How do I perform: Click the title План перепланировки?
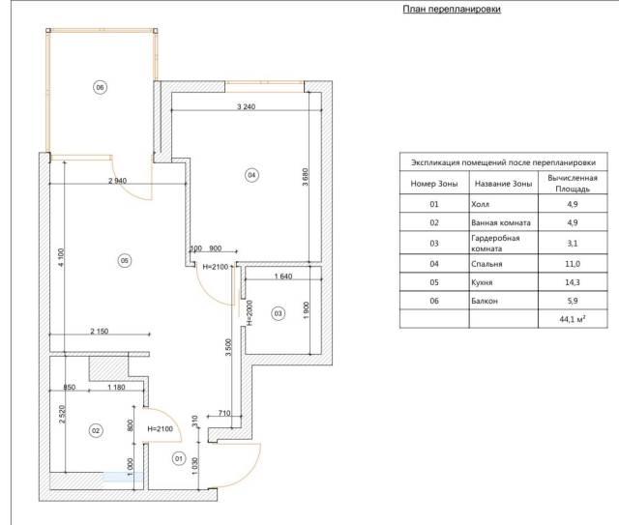(452, 9)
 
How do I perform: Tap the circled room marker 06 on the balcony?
(100, 87)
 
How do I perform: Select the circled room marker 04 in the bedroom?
(251, 175)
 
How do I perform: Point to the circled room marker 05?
(125, 260)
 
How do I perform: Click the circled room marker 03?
(278, 313)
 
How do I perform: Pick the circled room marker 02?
(96, 430)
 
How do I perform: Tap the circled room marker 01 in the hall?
(179, 458)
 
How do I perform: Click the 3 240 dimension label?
(246, 106)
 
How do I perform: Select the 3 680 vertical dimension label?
(306, 177)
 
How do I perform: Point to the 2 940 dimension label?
(118, 181)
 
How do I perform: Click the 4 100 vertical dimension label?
(61, 257)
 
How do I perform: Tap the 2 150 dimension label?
(99, 332)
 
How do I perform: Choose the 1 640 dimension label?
(283, 277)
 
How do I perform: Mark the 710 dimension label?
(224, 413)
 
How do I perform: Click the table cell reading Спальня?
(486, 264)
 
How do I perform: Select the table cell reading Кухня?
(482, 282)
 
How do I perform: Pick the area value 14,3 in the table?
(573, 282)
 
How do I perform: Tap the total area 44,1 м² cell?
(573, 319)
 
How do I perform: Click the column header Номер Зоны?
(434, 184)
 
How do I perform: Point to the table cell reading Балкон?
(485, 301)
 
